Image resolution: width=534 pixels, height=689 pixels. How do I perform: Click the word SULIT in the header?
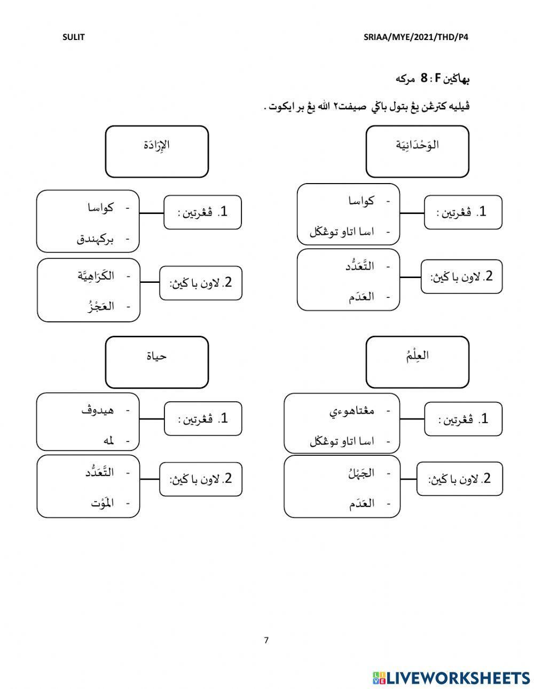tap(74, 37)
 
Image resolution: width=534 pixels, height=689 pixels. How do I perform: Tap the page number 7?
tap(266, 640)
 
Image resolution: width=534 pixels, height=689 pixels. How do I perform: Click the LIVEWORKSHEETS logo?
tap(451, 678)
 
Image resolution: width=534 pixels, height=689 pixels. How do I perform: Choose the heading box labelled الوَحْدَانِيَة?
tap(417, 151)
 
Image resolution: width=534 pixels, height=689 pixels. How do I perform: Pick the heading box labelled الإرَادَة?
tap(156, 151)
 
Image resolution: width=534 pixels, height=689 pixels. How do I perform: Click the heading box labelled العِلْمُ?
tap(417, 361)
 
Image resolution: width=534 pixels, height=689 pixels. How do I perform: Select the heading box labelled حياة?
tap(156, 361)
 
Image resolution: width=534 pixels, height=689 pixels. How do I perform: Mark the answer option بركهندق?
tap(96, 239)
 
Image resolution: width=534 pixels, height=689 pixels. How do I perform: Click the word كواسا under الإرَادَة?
tap(100, 208)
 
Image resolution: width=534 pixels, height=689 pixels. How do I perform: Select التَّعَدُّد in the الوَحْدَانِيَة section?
tap(359, 266)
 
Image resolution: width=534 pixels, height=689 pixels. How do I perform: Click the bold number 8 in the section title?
tap(423, 78)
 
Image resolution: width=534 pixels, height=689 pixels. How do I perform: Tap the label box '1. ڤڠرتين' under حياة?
tap(203, 419)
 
